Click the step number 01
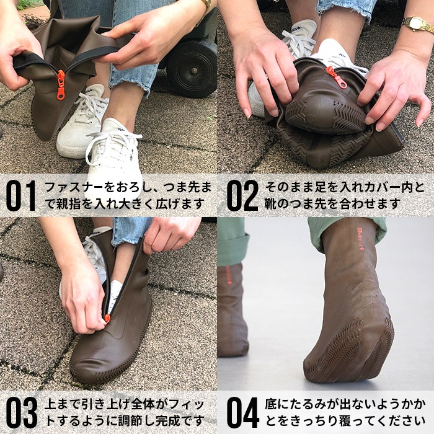(x=21, y=195)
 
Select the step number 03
(x=21, y=412)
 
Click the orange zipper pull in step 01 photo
(x=60, y=84)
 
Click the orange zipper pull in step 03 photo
(x=107, y=318)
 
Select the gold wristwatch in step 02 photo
(x=417, y=24)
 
